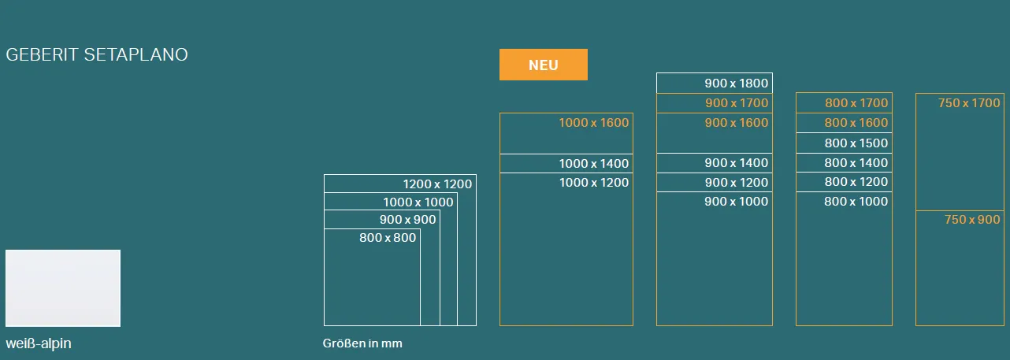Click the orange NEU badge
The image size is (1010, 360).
(544, 65)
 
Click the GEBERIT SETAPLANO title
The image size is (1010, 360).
(97, 54)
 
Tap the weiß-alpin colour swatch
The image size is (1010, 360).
(63, 288)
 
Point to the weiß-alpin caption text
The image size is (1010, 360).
(39, 343)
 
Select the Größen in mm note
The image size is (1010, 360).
(362, 343)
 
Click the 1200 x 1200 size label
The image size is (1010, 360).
(437, 184)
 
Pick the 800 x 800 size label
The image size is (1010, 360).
(388, 237)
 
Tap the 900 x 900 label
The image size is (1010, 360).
(407, 220)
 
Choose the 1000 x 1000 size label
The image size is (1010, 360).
(418, 202)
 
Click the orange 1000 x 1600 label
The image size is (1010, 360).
(594, 123)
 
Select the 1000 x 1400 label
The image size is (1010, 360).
(594, 164)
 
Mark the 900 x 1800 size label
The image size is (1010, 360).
(737, 83)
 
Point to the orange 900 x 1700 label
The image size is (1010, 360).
(737, 102)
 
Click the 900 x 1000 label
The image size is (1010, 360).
(737, 202)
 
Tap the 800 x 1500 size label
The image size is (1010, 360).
(856, 143)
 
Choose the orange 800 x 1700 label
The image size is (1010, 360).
(856, 102)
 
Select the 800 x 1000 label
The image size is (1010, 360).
(856, 202)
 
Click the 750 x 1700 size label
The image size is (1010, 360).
(969, 102)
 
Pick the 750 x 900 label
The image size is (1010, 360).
(972, 220)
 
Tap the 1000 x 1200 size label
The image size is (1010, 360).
(594, 183)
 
